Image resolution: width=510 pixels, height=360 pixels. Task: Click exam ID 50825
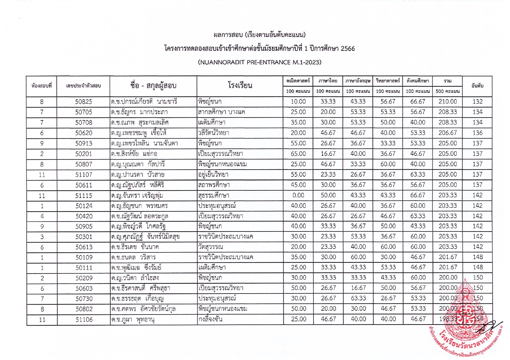[83, 102]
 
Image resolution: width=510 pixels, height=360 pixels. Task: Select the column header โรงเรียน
[240, 86]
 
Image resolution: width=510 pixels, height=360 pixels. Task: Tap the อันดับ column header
[477, 86]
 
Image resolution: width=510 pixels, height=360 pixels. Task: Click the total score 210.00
[447, 102]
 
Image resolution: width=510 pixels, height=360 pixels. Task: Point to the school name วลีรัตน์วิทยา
[213, 133]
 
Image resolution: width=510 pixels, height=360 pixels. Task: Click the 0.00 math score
[298, 195]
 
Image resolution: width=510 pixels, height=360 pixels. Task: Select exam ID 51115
[83, 196]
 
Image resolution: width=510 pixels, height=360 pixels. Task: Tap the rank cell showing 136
[477, 133]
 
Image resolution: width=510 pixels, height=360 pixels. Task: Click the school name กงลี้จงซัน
[210, 319]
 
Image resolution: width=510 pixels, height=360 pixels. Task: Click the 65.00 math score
[298, 154]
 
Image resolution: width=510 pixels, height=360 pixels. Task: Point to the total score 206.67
[447, 133]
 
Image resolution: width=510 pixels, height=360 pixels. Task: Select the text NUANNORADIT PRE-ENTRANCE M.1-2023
[260, 62]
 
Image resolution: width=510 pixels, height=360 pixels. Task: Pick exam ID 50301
[83, 237]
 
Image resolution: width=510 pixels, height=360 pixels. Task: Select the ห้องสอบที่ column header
[41, 86]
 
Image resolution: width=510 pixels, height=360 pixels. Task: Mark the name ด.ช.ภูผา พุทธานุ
[133, 319]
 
